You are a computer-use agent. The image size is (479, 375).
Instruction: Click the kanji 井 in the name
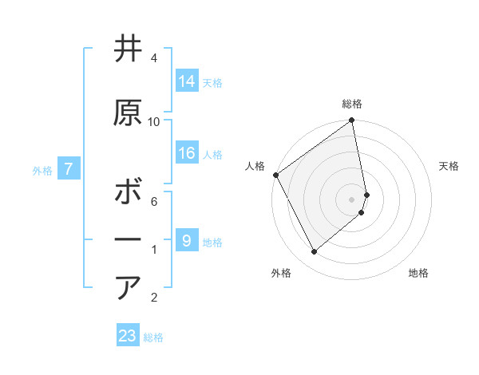point(128,49)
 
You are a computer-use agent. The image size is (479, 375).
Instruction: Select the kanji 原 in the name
point(128,113)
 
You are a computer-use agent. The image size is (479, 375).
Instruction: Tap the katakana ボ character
point(128,193)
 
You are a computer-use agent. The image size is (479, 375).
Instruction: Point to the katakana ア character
point(128,288)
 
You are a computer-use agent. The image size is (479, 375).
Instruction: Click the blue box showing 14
point(187,81)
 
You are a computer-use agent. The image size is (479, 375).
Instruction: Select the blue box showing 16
point(187,153)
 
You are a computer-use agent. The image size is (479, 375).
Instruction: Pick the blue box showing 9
point(187,240)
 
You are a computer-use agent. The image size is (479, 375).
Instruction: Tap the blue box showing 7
point(69,168)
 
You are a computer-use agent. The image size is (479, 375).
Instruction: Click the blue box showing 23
point(128,336)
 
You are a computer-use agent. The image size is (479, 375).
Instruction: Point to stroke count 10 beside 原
point(154,122)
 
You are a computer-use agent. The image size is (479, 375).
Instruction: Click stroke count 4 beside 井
point(154,58)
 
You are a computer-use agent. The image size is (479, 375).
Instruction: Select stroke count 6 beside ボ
point(154,202)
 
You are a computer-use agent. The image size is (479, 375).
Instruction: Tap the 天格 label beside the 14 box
point(212,82)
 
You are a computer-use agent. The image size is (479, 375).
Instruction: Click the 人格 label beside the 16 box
point(212,154)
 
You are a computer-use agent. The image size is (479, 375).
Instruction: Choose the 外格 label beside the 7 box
point(42,170)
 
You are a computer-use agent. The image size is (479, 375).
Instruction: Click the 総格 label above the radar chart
point(352,104)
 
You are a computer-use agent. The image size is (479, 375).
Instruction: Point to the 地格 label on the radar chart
point(418,273)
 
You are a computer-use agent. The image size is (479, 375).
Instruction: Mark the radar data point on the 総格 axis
point(352,121)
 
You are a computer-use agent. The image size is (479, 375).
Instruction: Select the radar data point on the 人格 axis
point(275,175)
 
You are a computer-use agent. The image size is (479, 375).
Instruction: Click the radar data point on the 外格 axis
point(314,251)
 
